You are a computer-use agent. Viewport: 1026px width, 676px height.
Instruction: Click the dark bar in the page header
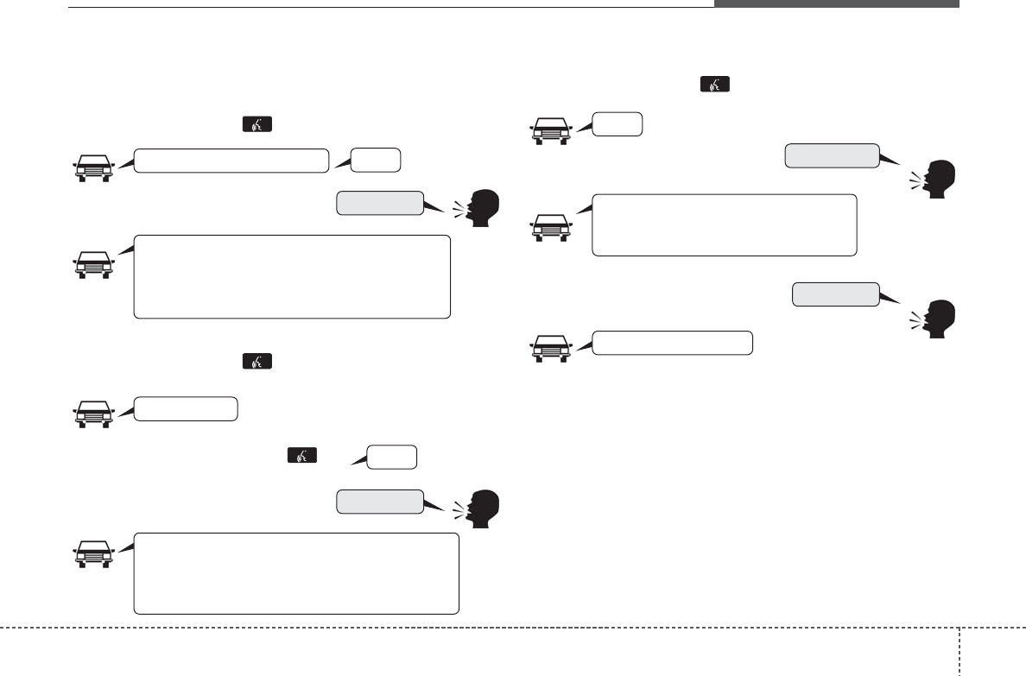(x=835, y=3)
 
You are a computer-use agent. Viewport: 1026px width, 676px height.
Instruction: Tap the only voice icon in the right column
(x=715, y=85)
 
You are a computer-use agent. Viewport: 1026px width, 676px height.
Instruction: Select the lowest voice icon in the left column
(x=302, y=455)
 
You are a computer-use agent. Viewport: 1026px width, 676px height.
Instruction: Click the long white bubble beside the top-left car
(x=232, y=161)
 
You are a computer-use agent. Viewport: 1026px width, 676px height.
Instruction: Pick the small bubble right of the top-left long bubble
(x=376, y=161)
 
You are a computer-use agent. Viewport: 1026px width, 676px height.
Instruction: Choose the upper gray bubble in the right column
(x=831, y=155)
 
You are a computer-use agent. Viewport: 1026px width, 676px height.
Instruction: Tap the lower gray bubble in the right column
(x=836, y=294)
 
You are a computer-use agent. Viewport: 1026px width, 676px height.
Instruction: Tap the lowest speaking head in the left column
(x=480, y=509)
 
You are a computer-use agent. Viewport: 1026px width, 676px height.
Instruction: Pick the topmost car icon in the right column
(x=549, y=130)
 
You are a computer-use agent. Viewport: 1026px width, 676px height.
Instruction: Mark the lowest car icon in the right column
(x=549, y=348)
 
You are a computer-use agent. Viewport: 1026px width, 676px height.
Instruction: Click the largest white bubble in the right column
(x=724, y=224)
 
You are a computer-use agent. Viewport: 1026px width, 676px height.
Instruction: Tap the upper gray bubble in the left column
(x=380, y=203)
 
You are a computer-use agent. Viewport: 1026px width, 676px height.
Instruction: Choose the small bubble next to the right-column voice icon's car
(x=617, y=124)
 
